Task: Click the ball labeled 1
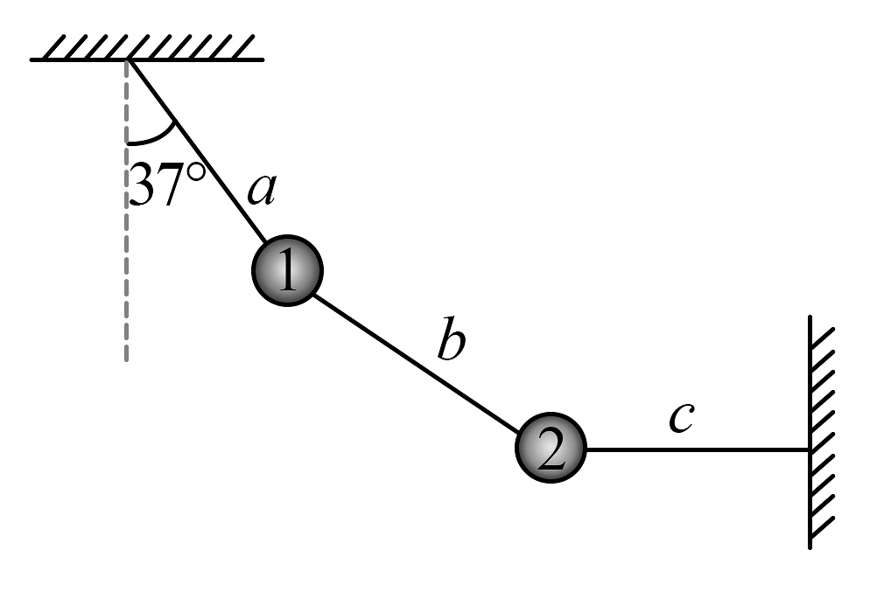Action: (284, 273)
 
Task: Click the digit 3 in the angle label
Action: (144, 185)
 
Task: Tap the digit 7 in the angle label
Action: (171, 185)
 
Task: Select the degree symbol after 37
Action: (196, 172)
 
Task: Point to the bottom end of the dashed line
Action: (128, 359)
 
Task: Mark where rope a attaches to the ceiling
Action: (130, 60)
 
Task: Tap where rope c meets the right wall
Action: (810, 449)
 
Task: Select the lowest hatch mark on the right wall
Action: (823, 528)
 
